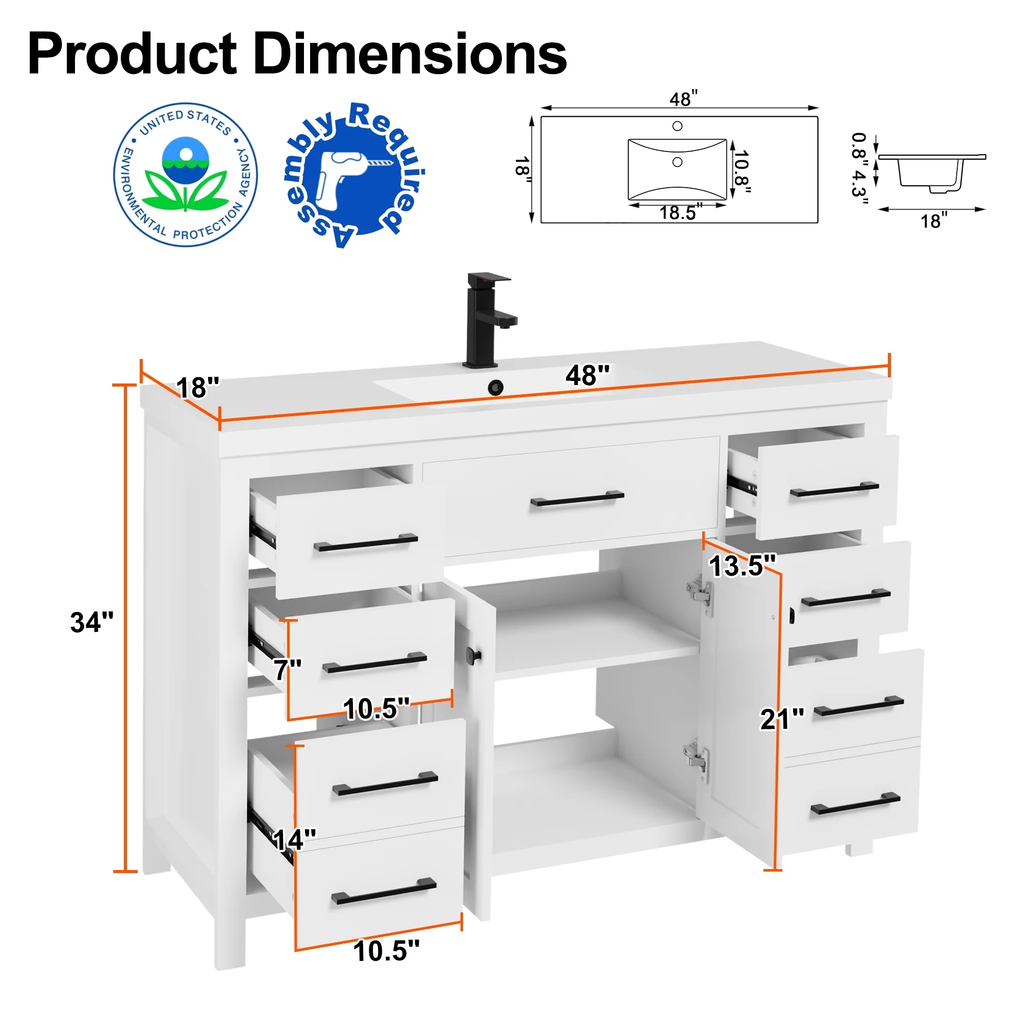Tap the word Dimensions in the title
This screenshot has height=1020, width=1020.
[x=410, y=54]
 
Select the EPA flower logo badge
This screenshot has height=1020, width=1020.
[x=185, y=175]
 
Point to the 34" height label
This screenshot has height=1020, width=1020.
[x=92, y=622]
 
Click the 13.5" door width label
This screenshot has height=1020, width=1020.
[x=742, y=566]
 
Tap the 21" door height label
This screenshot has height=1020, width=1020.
[x=782, y=719]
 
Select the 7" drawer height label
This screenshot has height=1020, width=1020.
[x=287, y=670]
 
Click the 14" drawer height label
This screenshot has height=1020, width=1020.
[x=294, y=839]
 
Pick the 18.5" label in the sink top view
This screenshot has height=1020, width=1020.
[x=681, y=213]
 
